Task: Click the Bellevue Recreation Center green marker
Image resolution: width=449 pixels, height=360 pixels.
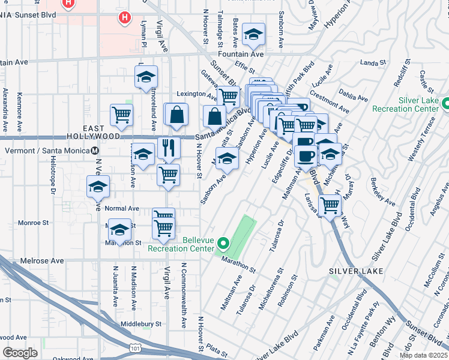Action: click(x=223, y=243)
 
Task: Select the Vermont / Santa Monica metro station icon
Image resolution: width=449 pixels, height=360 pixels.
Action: click(x=95, y=151)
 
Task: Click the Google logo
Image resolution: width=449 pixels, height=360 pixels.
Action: click(x=20, y=353)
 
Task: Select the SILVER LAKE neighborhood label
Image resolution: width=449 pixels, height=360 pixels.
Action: click(x=352, y=271)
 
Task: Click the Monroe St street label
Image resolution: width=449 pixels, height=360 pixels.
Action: click(x=34, y=223)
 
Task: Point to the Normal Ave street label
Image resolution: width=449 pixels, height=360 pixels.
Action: click(x=122, y=209)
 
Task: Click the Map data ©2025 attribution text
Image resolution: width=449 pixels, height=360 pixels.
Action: click(x=423, y=355)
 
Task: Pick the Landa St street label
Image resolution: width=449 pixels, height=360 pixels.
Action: click(x=372, y=62)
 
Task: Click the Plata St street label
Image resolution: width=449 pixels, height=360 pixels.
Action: click(x=214, y=347)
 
